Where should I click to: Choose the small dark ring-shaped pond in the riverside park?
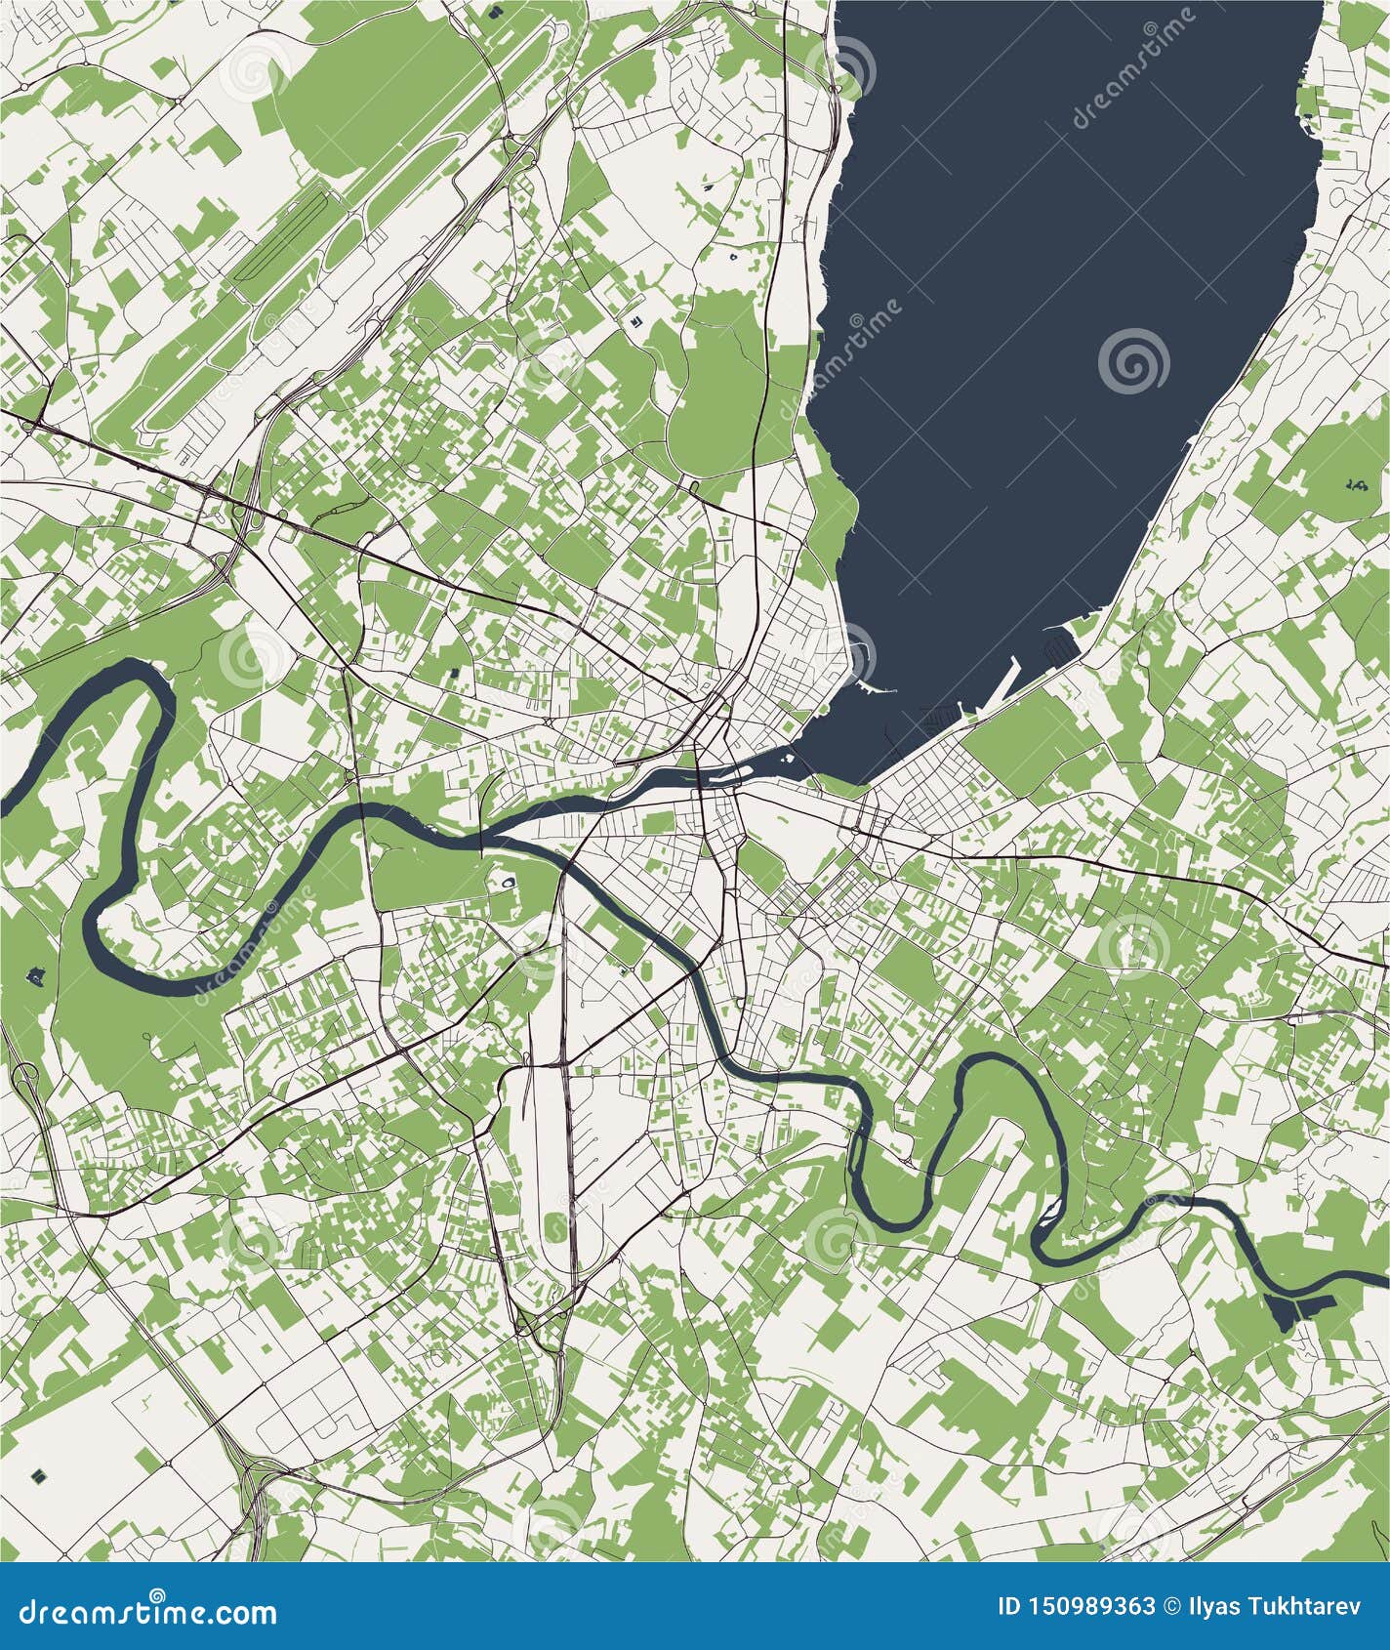pyautogui.click(x=508, y=883)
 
